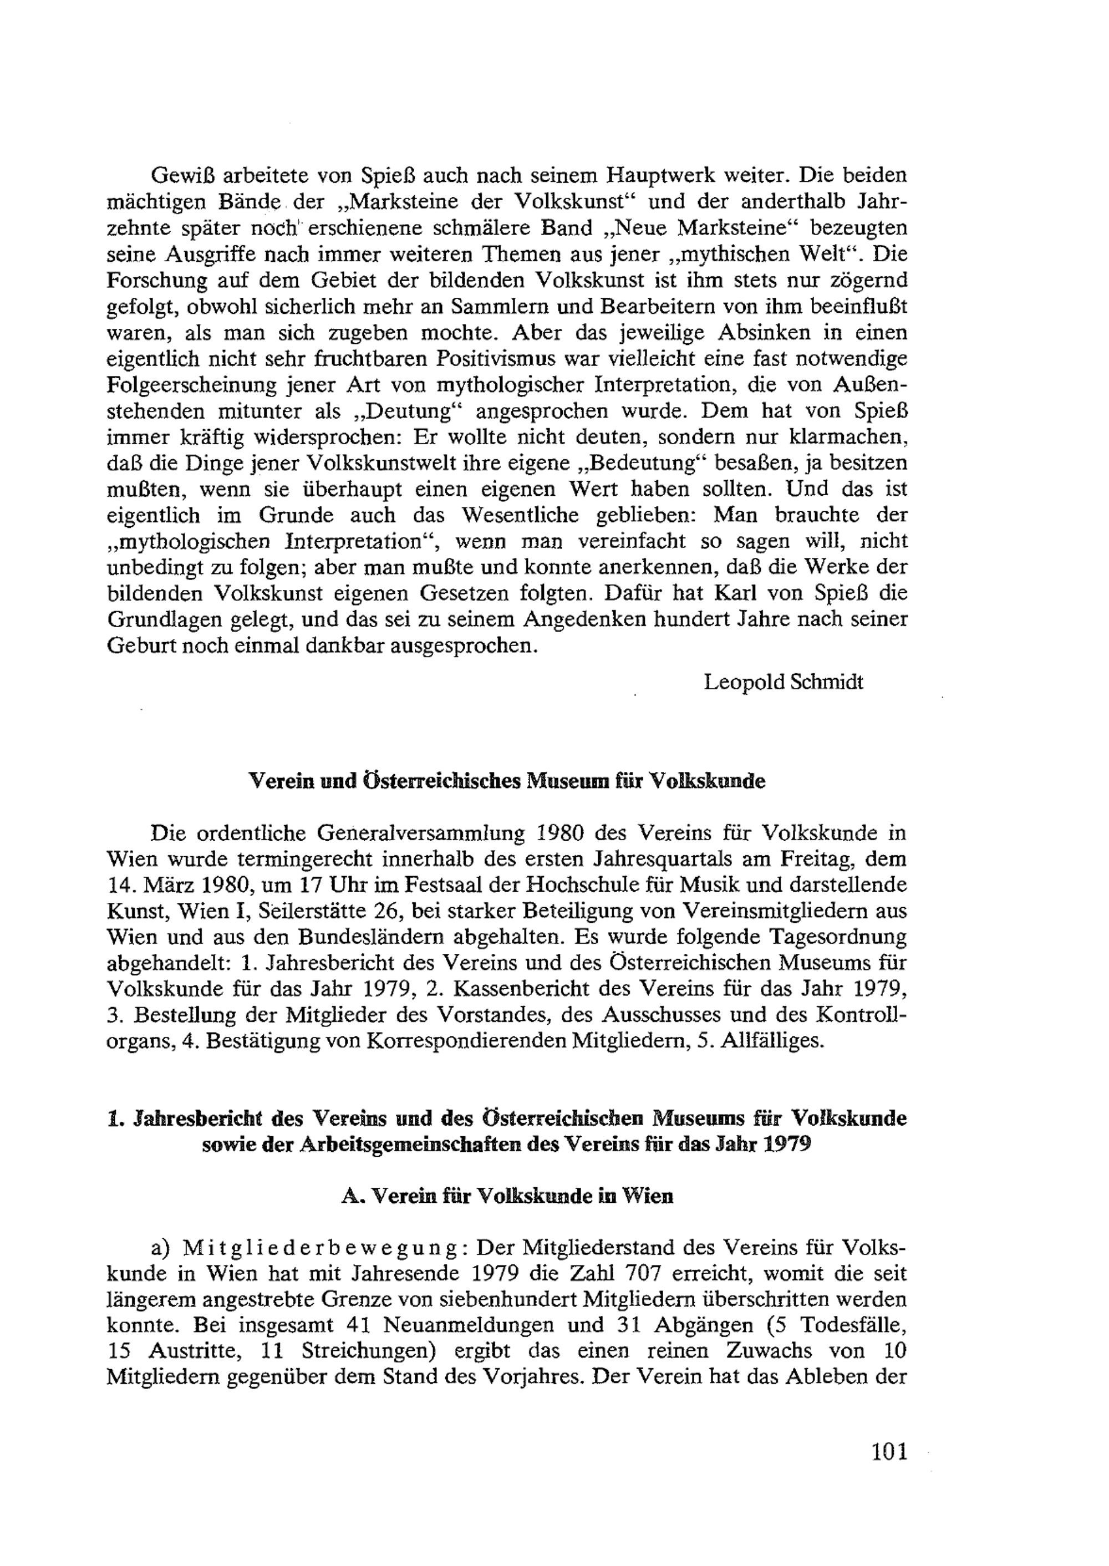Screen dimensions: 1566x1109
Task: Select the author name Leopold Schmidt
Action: click(x=784, y=682)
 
